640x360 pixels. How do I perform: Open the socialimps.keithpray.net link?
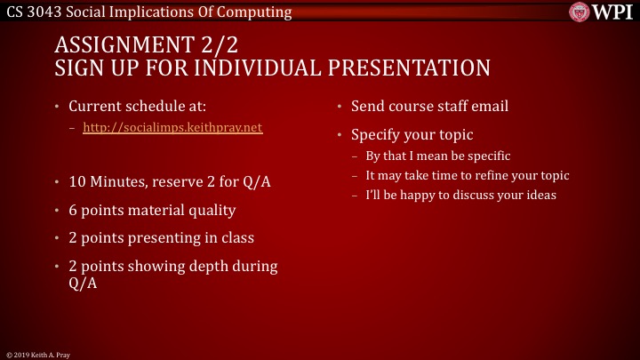click(x=172, y=128)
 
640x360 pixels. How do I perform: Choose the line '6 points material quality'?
click(x=152, y=211)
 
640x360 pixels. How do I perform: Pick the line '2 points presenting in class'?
click(x=161, y=238)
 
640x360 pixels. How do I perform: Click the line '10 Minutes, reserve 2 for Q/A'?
click(x=169, y=183)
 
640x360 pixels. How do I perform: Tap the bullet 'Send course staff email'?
click(x=429, y=107)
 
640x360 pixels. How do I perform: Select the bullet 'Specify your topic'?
click(x=412, y=136)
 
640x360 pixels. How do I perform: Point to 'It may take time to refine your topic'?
click(x=467, y=175)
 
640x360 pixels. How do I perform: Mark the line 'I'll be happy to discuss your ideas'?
click(x=460, y=195)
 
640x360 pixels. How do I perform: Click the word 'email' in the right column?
click(x=490, y=107)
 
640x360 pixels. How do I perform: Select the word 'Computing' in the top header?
click(x=259, y=12)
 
